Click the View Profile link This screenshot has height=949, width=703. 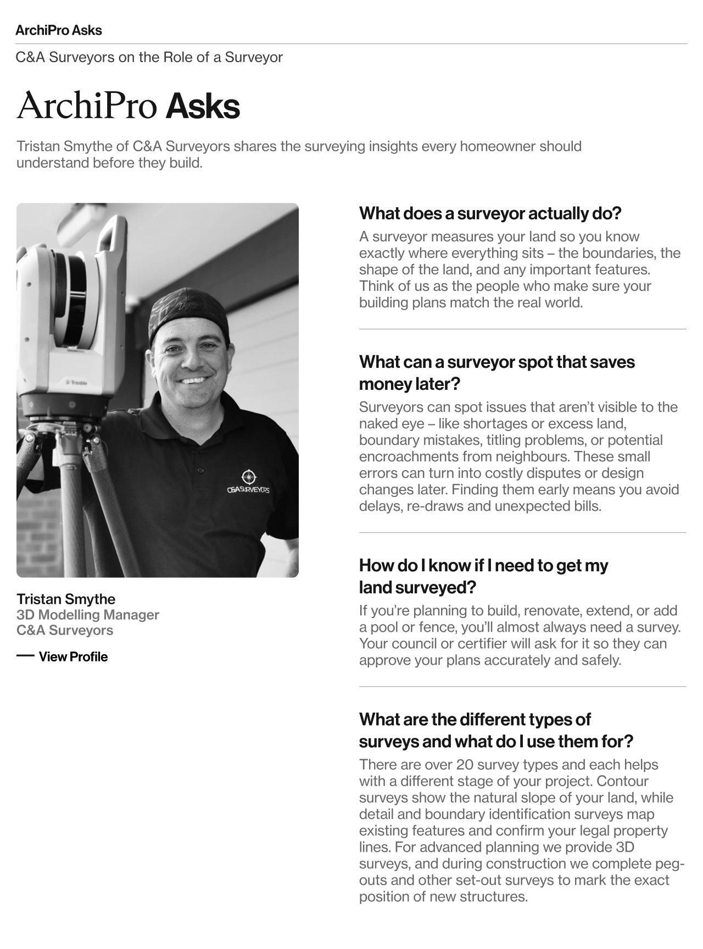tap(73, 656)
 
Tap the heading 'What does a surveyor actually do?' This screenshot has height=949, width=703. tap(489, 213)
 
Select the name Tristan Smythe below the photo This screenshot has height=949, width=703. tap(66, 599)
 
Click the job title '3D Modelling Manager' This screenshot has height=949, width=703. tap(88, 615)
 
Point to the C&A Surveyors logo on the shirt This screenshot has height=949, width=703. tap(248, 482)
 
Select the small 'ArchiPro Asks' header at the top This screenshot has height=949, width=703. tap(59, 30)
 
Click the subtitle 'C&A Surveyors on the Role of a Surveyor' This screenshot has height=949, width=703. tap(149, 57)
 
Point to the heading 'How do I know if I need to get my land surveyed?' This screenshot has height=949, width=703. tap(483, 576)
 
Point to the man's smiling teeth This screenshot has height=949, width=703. tap(195, 380)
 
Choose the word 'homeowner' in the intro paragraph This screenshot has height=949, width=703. tap(497, 147)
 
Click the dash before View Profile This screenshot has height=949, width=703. tap(25, 656)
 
